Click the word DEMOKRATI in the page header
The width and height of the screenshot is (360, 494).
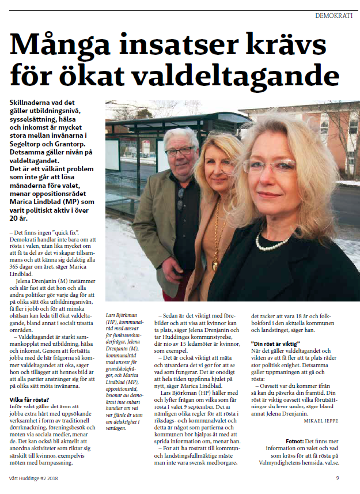pos(334,15)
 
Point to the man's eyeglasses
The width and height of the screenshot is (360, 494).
pos(179,151)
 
